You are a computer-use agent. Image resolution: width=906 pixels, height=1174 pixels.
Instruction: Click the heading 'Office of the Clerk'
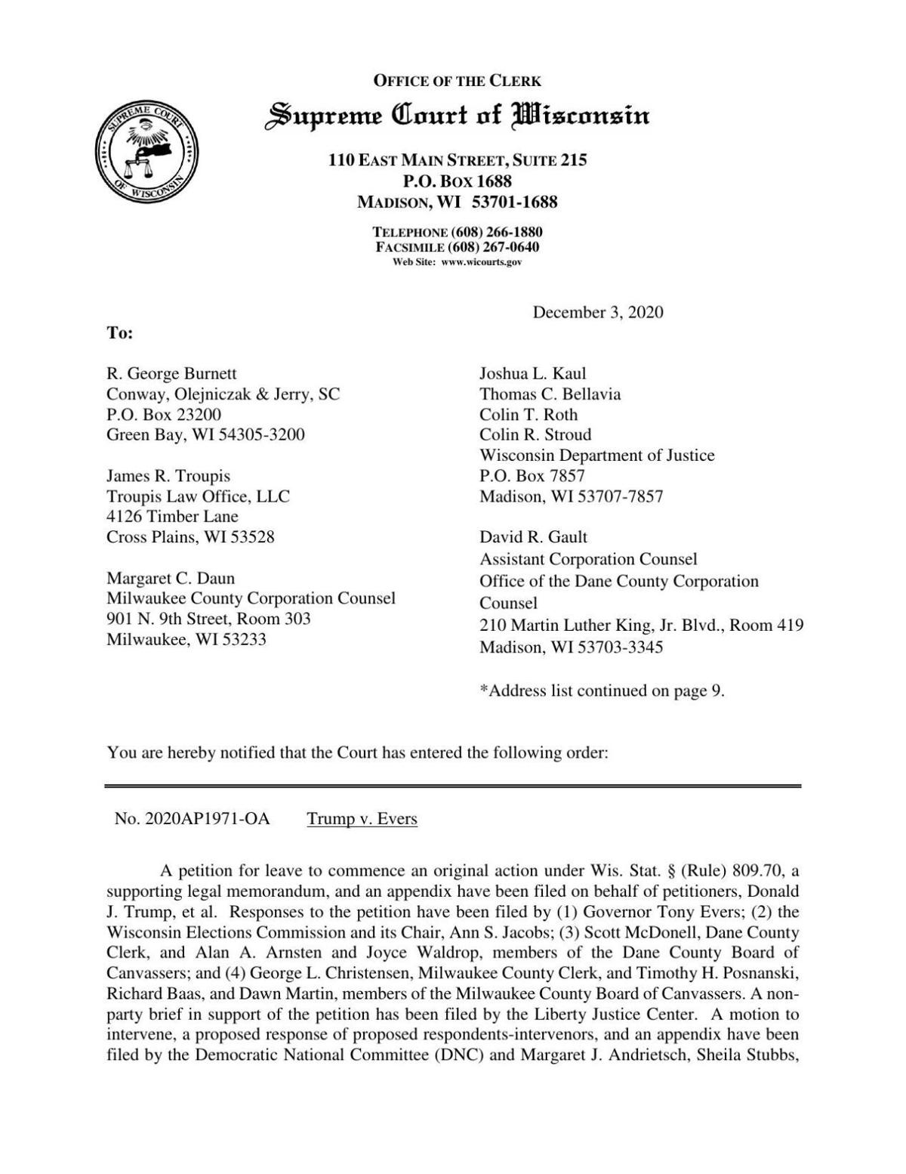458,81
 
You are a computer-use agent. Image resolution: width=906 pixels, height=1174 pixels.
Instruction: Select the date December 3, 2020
598,312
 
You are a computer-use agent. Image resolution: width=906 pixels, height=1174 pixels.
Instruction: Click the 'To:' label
119,332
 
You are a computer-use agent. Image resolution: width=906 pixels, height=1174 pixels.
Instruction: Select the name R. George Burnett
171,373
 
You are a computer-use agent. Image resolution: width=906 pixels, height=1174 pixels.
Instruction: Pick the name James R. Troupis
168,476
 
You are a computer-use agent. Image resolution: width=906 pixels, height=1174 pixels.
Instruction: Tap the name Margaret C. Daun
171,578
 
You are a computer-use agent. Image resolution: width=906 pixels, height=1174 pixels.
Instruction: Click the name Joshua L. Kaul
533,373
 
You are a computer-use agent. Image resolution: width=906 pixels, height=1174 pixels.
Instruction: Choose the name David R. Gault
533,537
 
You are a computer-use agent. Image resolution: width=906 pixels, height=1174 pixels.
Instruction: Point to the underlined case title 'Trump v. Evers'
362,818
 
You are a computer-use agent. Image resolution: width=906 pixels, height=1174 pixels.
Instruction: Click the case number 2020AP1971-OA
192,818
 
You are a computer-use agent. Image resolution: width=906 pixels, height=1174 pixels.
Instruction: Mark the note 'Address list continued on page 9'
602,690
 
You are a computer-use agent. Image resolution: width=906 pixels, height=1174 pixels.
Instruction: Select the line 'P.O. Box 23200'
164,414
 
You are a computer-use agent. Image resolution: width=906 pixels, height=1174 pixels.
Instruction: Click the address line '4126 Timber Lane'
172,517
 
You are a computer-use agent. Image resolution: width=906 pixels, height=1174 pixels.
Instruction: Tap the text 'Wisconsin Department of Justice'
597,455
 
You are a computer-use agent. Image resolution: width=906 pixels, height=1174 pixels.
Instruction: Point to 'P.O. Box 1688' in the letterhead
458,181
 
